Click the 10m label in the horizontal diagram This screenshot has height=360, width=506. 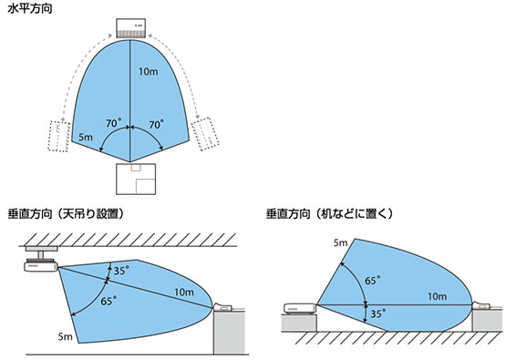tap(147, 71)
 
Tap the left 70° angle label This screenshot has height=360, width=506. tap(112, 122)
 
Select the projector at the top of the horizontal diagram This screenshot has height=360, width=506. tap(132, 27)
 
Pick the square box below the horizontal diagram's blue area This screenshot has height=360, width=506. tap(133, 180)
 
